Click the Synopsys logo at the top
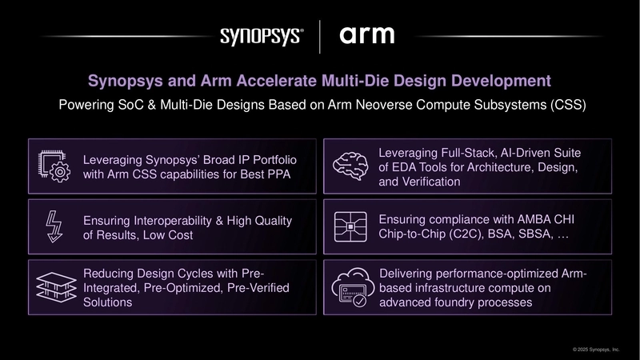[261, 37]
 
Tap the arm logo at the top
[367, 36]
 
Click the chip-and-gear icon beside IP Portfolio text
[54, 166]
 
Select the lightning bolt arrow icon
[54, 226]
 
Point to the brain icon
[353, 166]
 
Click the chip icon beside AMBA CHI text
[353, 226]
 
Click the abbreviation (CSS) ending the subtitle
[564, 106]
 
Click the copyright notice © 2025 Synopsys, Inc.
[596, 350]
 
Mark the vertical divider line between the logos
[320, 37]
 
